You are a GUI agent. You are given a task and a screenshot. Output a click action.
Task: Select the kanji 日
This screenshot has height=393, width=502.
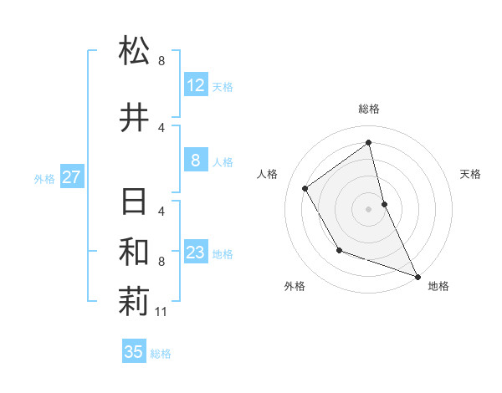(135, 202)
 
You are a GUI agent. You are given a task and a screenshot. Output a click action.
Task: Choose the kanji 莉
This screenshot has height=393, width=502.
(135, 303)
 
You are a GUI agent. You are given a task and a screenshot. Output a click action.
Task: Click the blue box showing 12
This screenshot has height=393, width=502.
(196, 85)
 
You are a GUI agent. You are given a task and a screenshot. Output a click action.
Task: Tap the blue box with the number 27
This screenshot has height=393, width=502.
(72, 177)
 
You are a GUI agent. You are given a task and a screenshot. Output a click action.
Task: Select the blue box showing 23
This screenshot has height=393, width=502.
(196, 253)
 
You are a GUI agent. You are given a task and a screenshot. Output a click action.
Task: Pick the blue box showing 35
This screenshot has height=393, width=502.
(134, 352)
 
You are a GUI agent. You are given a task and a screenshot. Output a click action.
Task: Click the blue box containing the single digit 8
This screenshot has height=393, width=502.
(196, 161)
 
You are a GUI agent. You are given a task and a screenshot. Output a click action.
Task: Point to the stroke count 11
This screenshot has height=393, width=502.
(162, 313)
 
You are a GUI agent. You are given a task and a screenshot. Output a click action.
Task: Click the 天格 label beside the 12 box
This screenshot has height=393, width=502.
(223, 87)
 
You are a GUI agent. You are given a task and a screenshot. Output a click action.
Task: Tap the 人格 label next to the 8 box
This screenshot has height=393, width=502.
(223, 162)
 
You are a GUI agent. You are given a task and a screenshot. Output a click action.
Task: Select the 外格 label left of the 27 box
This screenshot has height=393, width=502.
(44, 178)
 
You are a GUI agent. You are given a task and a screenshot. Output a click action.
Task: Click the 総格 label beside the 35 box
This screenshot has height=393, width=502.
(161, 354)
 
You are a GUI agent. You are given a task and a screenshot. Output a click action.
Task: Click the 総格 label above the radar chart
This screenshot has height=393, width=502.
(369, 109)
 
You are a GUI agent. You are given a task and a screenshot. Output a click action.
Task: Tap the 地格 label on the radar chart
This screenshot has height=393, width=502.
(438, 286)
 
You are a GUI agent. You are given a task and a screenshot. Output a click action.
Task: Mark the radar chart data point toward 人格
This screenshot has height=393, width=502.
(305, 188)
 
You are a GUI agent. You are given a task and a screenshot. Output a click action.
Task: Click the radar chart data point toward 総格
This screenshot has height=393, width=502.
(369, 142)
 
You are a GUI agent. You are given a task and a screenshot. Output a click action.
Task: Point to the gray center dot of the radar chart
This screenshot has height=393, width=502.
(369, 208)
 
